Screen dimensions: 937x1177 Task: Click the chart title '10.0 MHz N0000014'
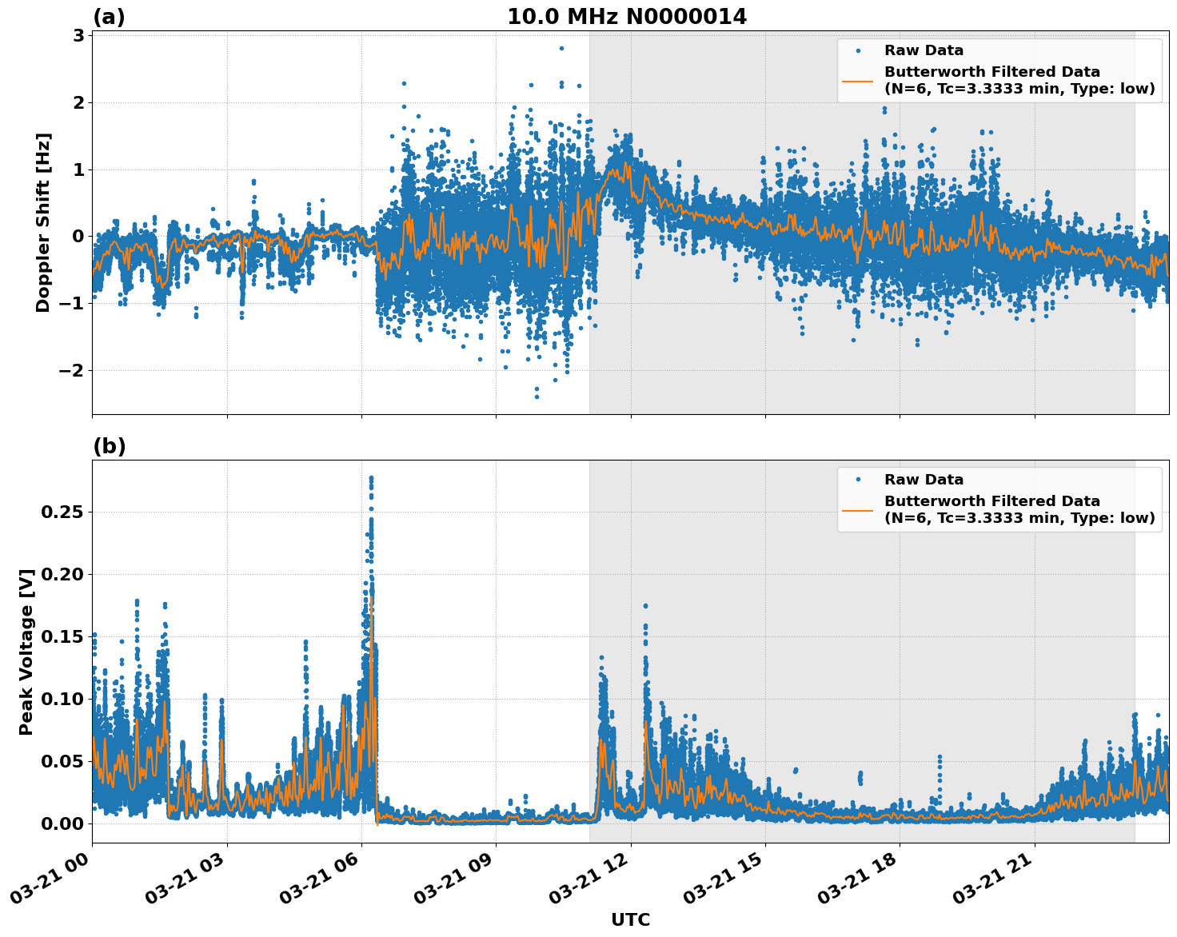point(627,17)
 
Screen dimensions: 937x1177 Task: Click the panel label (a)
point(109,17)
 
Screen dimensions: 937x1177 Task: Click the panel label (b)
point(109,446)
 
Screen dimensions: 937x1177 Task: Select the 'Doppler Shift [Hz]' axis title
point(43,222)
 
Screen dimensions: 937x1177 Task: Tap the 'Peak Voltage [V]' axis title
point(26,652)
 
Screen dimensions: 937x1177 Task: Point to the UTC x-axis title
point(630,919)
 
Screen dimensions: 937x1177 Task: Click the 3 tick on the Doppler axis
point(78,35)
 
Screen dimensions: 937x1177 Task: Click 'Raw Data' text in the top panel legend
point(924,51)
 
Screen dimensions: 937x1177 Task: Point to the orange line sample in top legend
point(857,80)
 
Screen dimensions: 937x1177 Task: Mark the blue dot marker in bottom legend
point(857,480)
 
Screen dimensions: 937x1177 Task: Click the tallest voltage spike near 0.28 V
point(371,478)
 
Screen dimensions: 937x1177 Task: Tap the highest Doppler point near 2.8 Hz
point(561,48)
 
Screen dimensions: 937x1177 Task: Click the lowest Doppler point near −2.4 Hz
point(537,397)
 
